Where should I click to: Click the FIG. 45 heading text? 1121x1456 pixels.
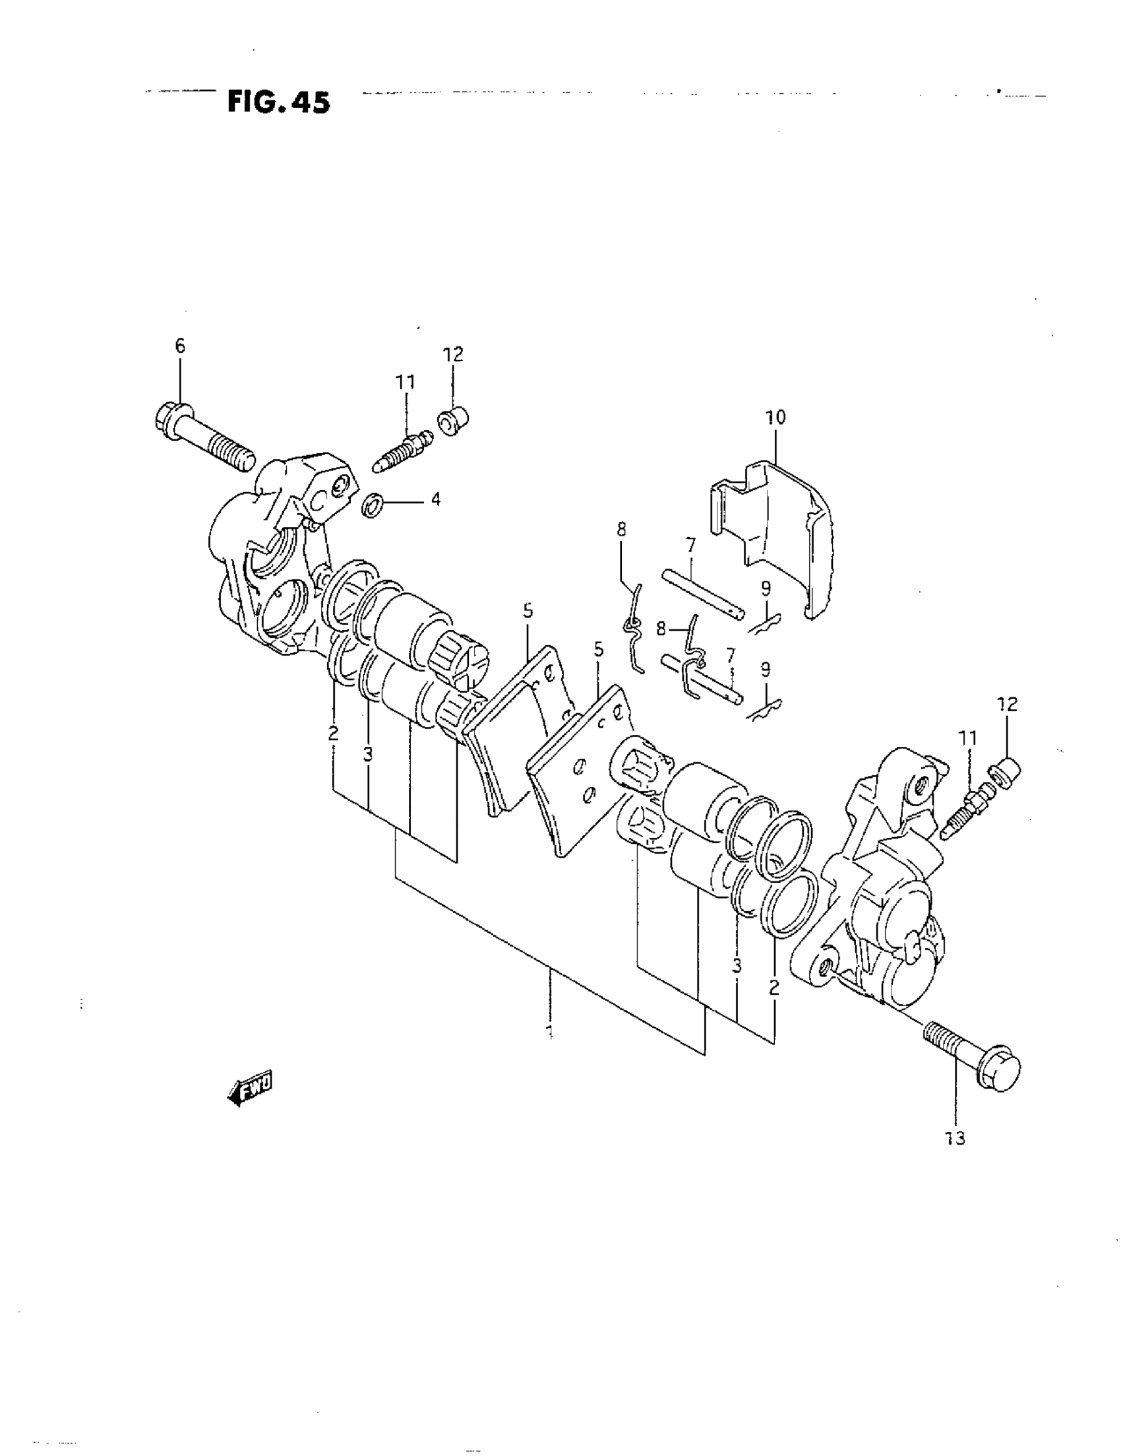tap(278, 102)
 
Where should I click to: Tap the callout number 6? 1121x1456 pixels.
tap(180, 345)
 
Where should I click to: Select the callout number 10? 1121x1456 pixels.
tap(775, 418)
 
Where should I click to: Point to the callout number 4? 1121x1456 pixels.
tap(435, 499)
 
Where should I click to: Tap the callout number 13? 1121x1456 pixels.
tap(955, 1139)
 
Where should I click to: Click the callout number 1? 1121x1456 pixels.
tap(550, 1032)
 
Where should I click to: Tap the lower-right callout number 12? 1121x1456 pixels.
tap(1007, 704)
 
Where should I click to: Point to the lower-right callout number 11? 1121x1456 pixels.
tap(968, 738)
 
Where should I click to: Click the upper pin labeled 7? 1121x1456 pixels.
tap(702, 593)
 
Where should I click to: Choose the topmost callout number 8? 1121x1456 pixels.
tap(621, 529)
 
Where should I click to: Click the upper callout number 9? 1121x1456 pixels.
tap(766, 588)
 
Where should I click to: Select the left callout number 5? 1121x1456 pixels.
tap(528, 611)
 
